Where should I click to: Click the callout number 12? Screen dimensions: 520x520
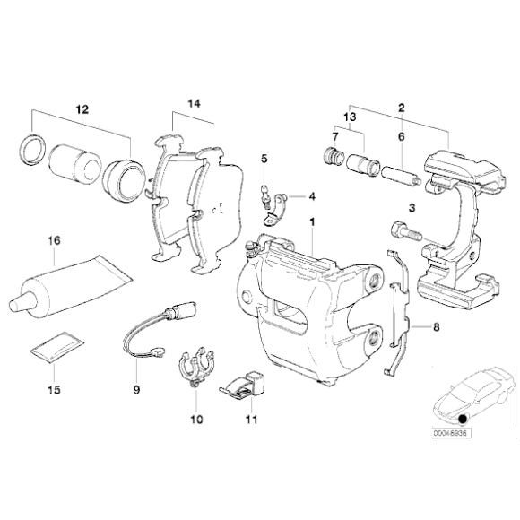click(x=82, y=109)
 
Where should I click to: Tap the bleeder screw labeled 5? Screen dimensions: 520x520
click(x=265, y=195)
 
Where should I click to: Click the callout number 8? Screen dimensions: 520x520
click(x=436, y=328)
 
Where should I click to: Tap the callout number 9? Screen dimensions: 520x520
click(x=136, y=390)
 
